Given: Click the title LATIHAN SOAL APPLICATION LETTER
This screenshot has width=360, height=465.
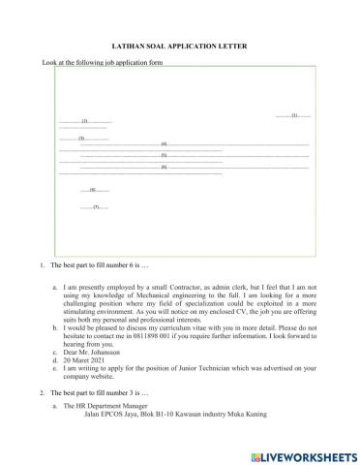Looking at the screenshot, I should click(x=179, y=46).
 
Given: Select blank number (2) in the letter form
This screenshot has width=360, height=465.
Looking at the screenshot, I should click(x=85, y=121).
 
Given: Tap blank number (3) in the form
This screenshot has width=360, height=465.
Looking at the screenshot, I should click(x=82, y=139).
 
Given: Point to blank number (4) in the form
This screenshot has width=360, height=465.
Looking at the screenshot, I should click(x=165, y=143).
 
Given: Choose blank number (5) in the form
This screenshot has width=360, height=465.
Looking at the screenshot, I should click(x=165, y=155).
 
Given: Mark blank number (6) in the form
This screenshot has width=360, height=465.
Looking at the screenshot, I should click(x=165, y=168).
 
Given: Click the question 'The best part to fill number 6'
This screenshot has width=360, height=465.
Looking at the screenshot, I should click(x=101, y=265).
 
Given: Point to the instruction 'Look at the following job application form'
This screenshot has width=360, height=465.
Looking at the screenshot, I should click(x=103, y=63).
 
